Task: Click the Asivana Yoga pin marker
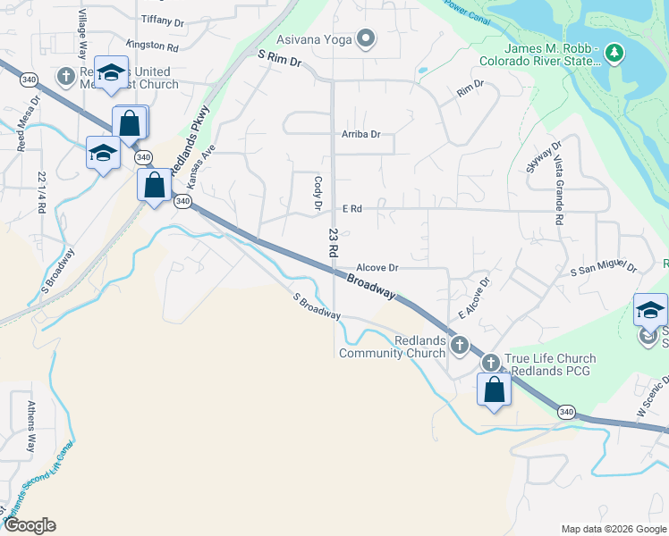click(x=365, y=38)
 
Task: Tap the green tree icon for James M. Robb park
click(x=614, y=54)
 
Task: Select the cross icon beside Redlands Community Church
click(x=459, y=345)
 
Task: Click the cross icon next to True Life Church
click(x=491, y=364)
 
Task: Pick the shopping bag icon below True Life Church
click(x=494, y=389)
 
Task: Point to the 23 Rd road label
click(x=333, y=243)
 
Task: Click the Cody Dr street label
click(x=318, y=193)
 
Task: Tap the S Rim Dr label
click(x=281, y=55)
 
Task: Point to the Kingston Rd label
click(x=152, y=45)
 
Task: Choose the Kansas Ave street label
click(x=202, y=167)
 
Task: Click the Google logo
click(x=30, y=525)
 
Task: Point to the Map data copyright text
click(x=613, y=529)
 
